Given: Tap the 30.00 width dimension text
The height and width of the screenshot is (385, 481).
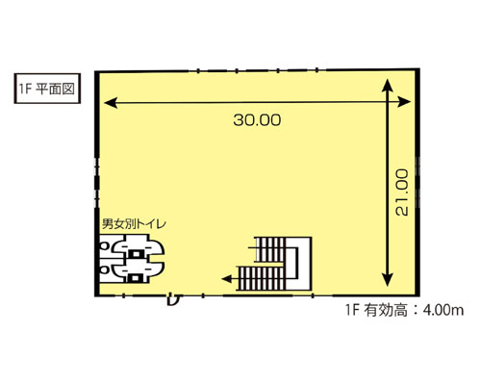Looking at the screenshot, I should coord(256,120).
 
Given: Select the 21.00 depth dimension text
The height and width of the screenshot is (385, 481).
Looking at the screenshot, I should coord(403,191).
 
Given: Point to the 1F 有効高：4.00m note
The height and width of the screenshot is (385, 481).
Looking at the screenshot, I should coord(404,310).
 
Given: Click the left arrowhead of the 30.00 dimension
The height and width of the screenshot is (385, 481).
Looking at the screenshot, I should coord(109,100).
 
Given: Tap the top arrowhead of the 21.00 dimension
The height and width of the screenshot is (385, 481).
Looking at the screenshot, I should coord(388,85).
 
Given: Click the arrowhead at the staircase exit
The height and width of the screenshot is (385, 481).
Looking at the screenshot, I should coord(225,278).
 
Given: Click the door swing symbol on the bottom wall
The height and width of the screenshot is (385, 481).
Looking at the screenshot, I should coord(173,294).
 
